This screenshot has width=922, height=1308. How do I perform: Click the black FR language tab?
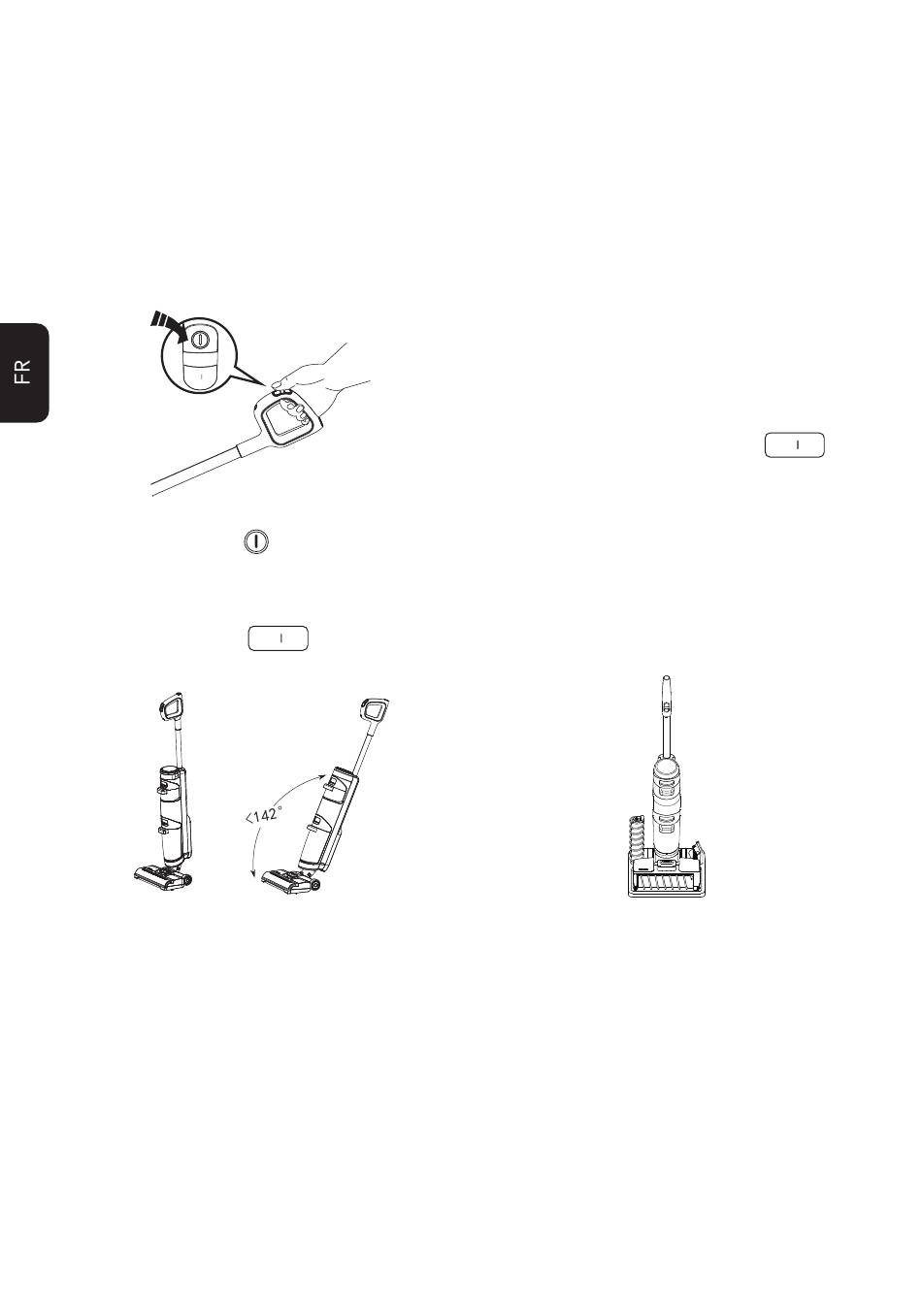click(24, 372)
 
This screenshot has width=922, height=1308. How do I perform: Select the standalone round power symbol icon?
click(256, 541)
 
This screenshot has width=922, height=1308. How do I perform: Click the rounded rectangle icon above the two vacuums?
click(278, 638)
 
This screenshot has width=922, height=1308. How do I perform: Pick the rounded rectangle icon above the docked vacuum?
click(794, 445)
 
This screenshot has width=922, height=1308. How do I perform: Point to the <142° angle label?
click(264, 813)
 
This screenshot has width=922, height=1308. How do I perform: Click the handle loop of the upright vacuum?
click(171, 707)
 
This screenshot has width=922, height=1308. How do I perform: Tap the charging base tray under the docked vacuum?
click(667, 876)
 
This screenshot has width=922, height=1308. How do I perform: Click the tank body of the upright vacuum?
click(172, 814)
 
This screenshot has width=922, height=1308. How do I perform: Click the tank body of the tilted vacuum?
click(323, 816)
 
